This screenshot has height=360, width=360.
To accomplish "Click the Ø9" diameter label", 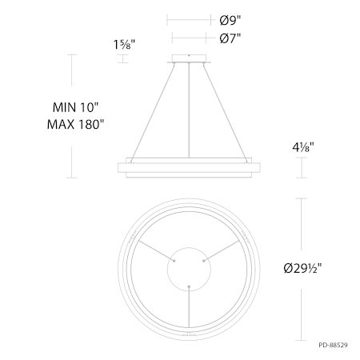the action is click(230, 20).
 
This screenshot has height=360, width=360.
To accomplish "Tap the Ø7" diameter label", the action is click(230, 38).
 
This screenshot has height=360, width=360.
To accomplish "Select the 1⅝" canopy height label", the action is click(124, 45).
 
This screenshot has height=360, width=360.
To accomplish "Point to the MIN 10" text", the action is click(75, 107).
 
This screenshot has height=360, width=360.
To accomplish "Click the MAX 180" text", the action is click(75, 124).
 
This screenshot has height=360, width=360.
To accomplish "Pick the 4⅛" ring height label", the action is click(303, 147).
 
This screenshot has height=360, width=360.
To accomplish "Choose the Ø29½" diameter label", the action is click(302, 268).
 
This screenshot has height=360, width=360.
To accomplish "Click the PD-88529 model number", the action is click(333, 345).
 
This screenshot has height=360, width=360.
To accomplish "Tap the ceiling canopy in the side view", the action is click(189, 58).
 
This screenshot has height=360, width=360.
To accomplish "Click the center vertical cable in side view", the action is click(189, 110).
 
